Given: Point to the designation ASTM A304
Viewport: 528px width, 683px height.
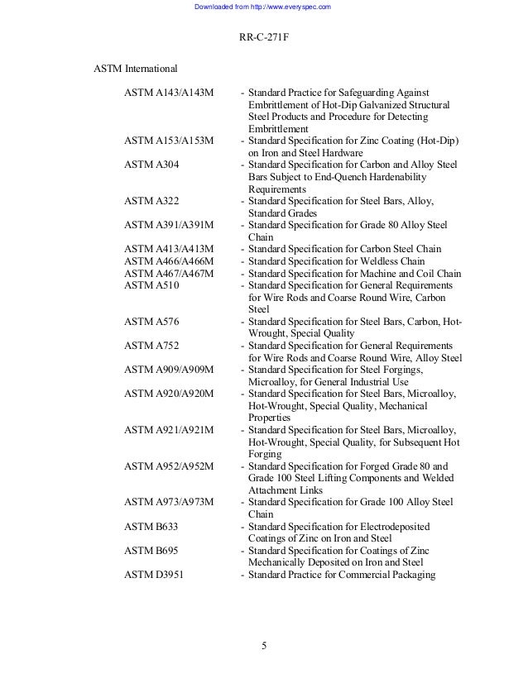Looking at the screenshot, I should click(x=151, y=165).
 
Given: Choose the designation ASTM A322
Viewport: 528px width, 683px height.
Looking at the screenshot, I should click(x=151, y=201).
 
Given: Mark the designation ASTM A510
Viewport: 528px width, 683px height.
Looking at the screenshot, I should click(x=151, y=285).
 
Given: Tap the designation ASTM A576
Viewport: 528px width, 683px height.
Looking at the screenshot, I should click(x=151, y=322).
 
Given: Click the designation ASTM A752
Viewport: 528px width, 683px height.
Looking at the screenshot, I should click(x=151, y=346).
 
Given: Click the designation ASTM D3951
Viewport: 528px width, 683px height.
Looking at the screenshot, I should click(x=153, y=575).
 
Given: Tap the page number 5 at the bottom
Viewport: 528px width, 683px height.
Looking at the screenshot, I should click(x=263, y=646).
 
